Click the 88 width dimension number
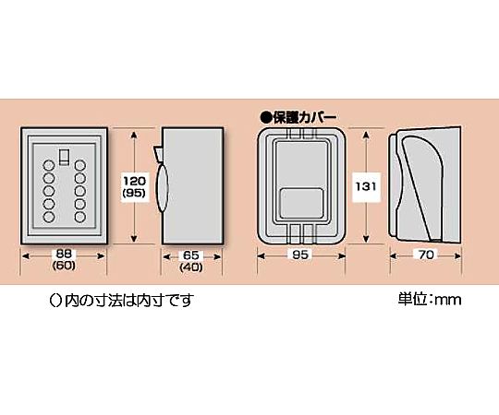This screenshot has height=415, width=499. pyautogui.click(x=64, y=254)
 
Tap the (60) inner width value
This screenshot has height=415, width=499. pyautogui.click(x=64, y=266)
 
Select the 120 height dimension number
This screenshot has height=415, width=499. pyautogui.click(x=134, y=181)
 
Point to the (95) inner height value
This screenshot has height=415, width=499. pyautogui.click(x=134, y=193)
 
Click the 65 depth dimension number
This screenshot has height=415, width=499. pyautogui.click(x=191, y=255)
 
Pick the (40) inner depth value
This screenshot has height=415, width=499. pyautogui.click(x=191, y=267)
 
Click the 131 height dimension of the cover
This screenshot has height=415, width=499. pyautogui.click(x=366, y=186)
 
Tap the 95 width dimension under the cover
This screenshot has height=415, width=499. pyautogui.click(x=300, y=255)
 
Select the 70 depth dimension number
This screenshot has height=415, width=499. pyautogui.click(x=426, y=255)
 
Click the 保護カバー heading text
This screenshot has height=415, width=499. pyautogui.click(x=304, y=118)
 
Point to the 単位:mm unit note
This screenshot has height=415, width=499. pyautogui.click(x=430, y=300)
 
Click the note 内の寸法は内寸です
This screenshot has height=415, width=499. pyautogui.click(x=129, y=300)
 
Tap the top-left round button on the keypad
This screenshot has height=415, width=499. pyautogui.click(x=49, y=165)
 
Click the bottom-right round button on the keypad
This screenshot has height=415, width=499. pyautogui.click(x=80, y=217)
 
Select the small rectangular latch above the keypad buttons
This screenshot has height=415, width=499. pyautogui.click(x=65, y=157)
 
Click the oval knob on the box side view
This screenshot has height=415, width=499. pyautogui.click(x=162, y=188)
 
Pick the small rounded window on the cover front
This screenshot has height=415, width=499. pyautogui.click(x=301, y=203)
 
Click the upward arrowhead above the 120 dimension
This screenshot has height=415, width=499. pyautogui.click(x=134, y=136)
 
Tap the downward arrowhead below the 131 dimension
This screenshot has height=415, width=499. pyautogui.click(x=366, y=238)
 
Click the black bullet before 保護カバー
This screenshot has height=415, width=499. pyautogui.click(x=265, y=118)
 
